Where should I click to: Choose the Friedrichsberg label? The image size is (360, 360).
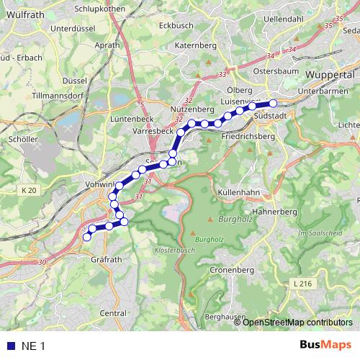click(249, 136)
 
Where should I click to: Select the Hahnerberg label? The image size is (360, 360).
click(278, 212)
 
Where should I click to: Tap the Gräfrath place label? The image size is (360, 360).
click(106, 258)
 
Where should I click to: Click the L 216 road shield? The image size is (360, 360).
click(303, 285)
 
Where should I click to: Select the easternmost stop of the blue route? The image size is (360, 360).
click(273, 104)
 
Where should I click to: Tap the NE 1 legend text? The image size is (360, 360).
click(33, 346)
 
